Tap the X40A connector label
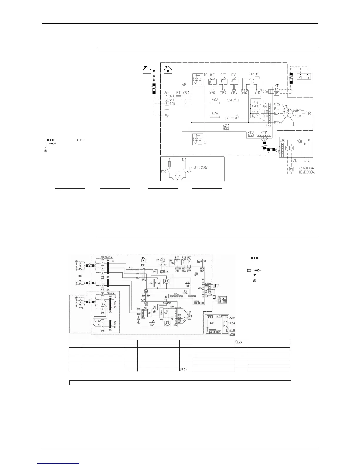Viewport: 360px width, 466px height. (x=226, y=126)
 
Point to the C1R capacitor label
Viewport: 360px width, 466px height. (x=308, y=113)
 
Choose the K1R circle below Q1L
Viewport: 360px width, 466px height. (x=291, y=169)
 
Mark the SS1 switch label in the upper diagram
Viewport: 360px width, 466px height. (x=230, y=100)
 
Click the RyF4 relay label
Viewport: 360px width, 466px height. (x=255, y=102)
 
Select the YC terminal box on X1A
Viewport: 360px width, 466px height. (x=287, y=148)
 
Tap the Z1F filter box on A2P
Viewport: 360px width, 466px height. (x=149, y=313)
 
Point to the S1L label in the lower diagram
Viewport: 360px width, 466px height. (x=205, y=261)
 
